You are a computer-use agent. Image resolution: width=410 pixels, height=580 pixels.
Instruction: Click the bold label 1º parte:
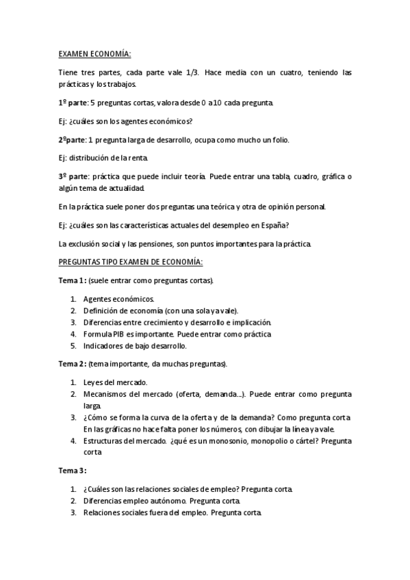73,103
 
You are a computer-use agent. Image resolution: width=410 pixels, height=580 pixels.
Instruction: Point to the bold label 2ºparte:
72,140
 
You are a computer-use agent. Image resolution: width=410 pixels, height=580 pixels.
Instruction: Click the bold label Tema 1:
72,280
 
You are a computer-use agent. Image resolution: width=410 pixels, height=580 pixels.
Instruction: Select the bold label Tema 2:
72,362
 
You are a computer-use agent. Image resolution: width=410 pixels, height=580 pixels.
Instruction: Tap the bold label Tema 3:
72,471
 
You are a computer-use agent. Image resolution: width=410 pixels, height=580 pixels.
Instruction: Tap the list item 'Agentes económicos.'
118,299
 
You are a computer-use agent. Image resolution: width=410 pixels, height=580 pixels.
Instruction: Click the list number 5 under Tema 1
73,346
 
